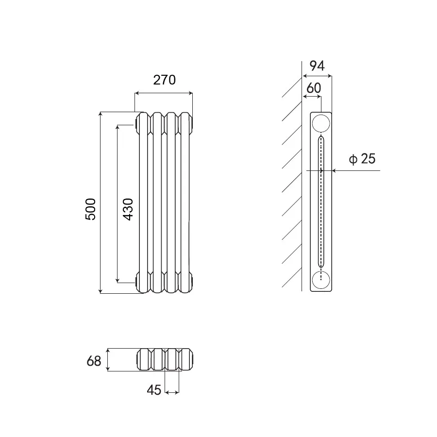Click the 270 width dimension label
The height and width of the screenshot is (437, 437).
(165, 80)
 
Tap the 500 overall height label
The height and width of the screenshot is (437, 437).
(91, 209)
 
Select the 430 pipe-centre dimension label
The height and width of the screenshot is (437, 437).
(128, 209)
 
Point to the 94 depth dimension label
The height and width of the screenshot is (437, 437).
(317, 66)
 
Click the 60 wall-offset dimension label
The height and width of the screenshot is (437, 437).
(314, 88)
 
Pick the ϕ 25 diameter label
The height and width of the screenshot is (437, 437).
(362, 159)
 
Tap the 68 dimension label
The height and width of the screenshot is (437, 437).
(94, 361)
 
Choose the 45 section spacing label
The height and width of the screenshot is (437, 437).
(154, 390)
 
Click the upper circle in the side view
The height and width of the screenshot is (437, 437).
(321, 123)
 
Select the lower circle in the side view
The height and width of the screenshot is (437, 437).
(321, 280)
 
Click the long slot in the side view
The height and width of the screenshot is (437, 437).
(321, 202)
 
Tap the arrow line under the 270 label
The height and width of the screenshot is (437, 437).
(164, 93)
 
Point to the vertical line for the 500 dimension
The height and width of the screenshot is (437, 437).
(101, 202)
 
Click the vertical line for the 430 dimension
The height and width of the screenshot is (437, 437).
(118, 204)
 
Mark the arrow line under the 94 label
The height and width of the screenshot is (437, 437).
(317, 76)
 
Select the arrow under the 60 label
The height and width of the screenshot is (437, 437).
(312, 97)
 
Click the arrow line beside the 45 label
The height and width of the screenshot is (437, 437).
(172, 392)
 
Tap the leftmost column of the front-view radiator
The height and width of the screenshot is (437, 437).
(144, 202)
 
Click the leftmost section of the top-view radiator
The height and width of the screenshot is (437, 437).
(145, 359)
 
